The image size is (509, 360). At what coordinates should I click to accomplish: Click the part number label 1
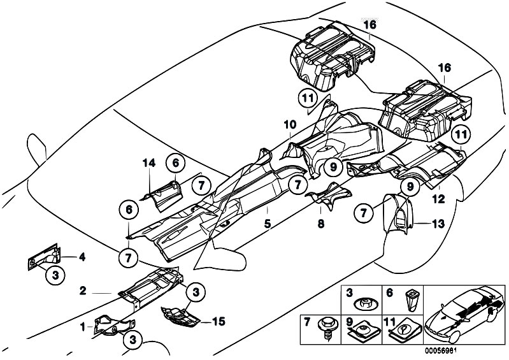tap(83, 328)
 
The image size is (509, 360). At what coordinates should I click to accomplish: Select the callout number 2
tap(83, 291)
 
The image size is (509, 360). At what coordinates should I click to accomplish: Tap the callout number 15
tap(218, 322)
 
